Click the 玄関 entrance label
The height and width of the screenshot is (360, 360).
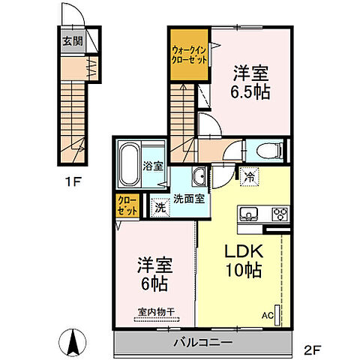pyautogui.click(x=73, y=41)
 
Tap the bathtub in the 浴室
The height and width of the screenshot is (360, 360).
pyautogui.click(x=129, y=164)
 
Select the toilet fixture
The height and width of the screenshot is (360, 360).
pyautogui.click(x=270, y=151)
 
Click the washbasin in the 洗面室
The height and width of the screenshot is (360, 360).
pyautogui.click(x=199, y=176)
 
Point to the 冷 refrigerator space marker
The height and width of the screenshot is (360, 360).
pyautogui.click(x=249, y=177)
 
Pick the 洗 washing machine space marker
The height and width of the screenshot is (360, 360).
pyautogui.click(x=160, y=207)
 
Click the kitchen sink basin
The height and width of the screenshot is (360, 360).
pyautogui.click(x=248, y=214)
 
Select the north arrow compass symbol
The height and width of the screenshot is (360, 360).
pyautogui.click(x=73, y=342)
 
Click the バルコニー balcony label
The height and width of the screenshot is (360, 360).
pyautogui.click(x=203, y=342)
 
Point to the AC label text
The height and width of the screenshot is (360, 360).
pyautogui.click(x=268, y=316)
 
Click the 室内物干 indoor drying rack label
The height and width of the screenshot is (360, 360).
pyautogui.click(x=156, y=312)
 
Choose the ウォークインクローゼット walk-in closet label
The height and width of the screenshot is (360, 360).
pyautogui.click(x=189, y=55)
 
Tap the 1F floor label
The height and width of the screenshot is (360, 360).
pyautogui.click(x=73, y=181)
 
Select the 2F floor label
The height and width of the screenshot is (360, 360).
pyautogui.click(x=313, y=349)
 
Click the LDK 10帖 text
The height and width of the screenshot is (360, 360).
pyautogui.click(x=244, y=261)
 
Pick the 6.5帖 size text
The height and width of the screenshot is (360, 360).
pyautogui.click(x=250, y=92)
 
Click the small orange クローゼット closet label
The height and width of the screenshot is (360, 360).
pyautogui.click(x=127, y=205)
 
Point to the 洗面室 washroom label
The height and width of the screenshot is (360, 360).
pyautogui.click(x=189, y=199)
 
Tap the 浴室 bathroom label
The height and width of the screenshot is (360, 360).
pyautogui.click(x=153, y=166)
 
